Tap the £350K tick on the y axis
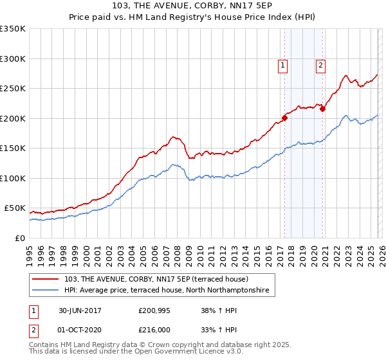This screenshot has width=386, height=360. tap(12, 29)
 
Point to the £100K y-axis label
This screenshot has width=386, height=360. tap(12, 178)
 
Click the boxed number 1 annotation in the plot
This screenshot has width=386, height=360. tap(283, 64)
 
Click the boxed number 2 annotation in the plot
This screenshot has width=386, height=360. tap(320, 64)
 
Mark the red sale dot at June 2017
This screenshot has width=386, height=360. tap(284, 118)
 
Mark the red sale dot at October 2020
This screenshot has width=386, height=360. tap(322, 109)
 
